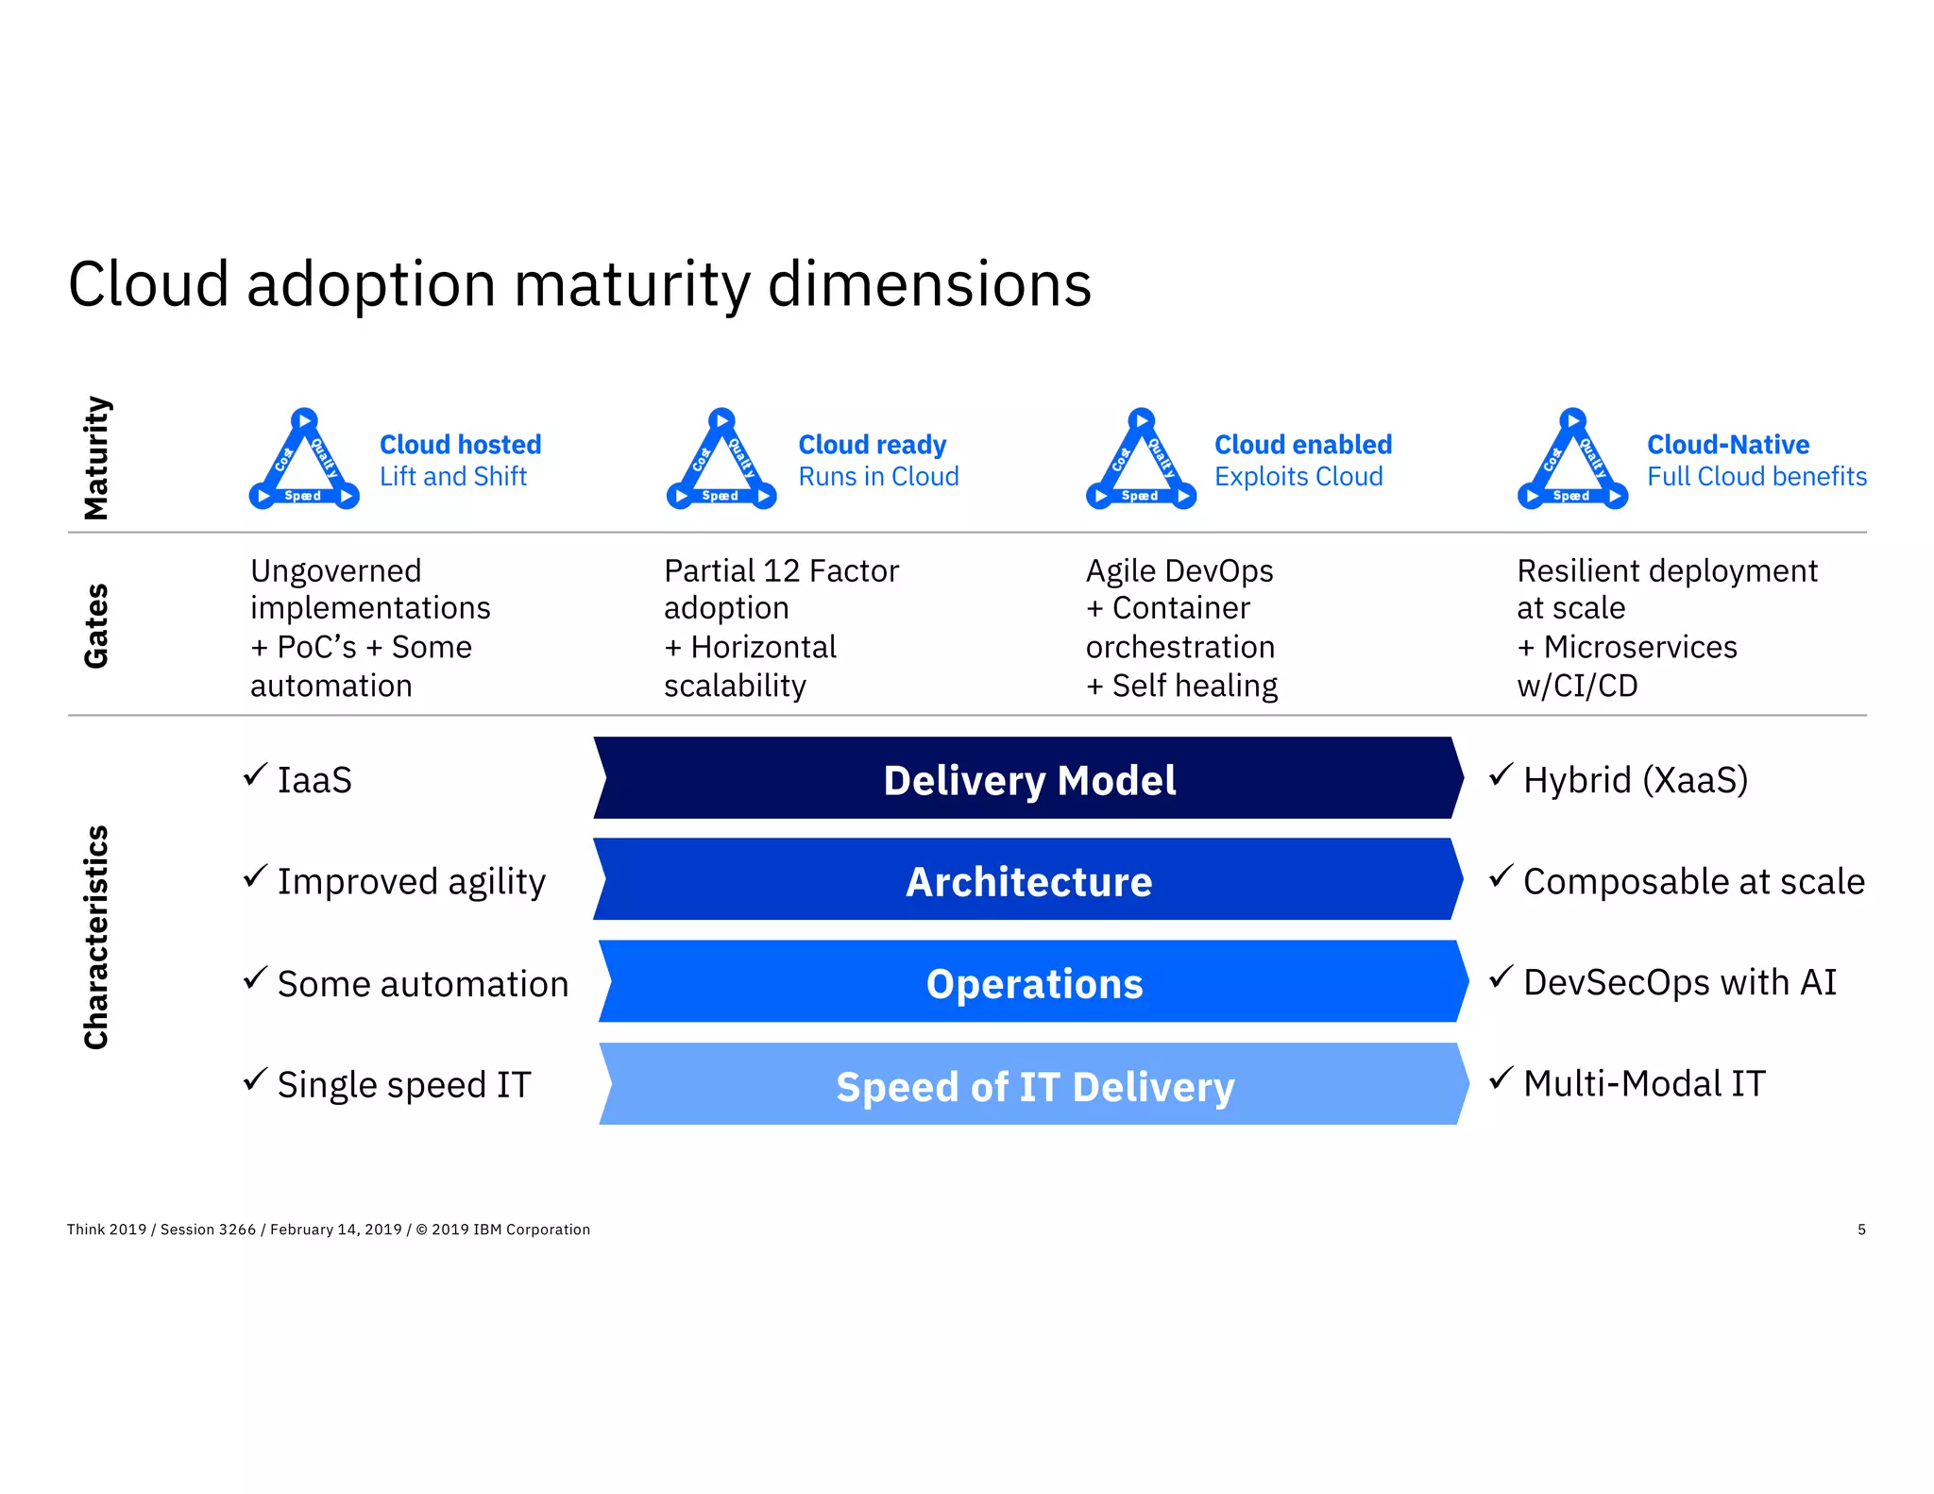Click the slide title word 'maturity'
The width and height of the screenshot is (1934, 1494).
click(x=630, y=285)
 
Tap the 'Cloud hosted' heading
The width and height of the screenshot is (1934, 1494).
click(x=460, y=444)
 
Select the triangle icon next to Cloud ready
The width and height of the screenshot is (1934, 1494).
click(x=721, y=461)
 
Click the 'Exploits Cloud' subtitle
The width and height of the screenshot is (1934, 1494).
click(x=1298, y=477)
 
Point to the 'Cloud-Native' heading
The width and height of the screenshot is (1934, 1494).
click(x=1727, y=444)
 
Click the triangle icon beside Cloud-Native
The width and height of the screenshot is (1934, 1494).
click(x=1572, y=461)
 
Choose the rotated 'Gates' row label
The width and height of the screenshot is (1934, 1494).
click(x=96, y=625)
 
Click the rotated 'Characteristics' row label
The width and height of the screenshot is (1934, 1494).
click(x=96, y=937)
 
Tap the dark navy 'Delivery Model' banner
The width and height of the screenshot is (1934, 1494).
click(x=1028, y=780)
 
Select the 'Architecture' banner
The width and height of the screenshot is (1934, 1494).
click(x=1028, y=881)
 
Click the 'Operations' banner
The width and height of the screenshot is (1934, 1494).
click(x=1033, y=983)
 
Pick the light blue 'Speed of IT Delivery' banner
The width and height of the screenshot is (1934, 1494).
click(x=1033, y=1086)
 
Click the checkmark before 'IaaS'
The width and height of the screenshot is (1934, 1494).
click(x=255, y=775)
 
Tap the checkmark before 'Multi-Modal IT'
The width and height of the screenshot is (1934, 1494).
click(x=1501, y=1078)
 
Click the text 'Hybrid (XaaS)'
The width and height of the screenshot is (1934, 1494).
click(x=1635, y=780)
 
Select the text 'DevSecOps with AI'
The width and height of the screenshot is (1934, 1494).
click(x=1679, y=982)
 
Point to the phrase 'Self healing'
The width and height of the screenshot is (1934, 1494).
click(x=1194, y=686)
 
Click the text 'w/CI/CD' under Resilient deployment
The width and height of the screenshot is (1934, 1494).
click(x=1577, y=686)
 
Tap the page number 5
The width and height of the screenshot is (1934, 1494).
click(x=1861, y=1230)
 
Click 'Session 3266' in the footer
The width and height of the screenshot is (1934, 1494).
click(x=208, y=1230)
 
